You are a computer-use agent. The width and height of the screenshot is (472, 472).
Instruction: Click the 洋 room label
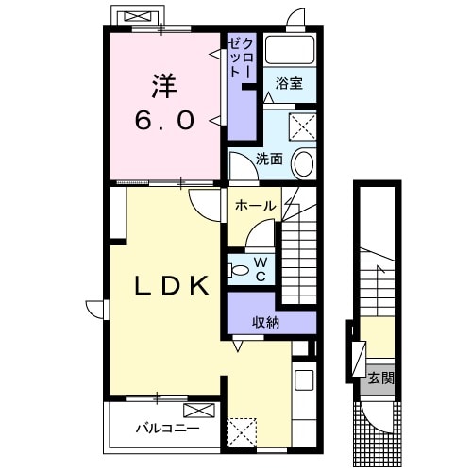tap(164, 86)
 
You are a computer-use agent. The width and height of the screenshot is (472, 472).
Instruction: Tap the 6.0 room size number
tap(164, 121)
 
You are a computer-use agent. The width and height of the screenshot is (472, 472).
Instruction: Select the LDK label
tap(172, 286)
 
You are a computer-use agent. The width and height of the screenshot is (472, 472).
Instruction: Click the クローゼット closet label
tap(241, 59)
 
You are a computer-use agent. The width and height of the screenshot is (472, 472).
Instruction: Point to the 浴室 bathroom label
tap(289, 83)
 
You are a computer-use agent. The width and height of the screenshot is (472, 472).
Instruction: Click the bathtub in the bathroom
tap(290, 50)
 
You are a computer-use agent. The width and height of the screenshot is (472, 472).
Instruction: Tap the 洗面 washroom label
tap(269, 160)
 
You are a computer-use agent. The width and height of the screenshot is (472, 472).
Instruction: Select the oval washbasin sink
tap(304, 163)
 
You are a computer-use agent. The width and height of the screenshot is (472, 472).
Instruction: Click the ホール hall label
tap(256, 206)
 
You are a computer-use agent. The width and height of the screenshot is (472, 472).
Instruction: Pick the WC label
tap(261, 269)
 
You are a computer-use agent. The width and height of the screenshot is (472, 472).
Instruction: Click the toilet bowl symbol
tap(239, 270)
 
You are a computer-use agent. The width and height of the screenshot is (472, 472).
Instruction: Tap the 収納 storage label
tap(266, 322)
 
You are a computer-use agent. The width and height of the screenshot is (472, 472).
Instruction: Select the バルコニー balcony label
tap(167, 429)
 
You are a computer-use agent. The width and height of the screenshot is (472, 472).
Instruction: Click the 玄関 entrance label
tap(381, 379)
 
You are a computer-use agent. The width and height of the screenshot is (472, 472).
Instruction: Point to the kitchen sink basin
tap(304, 380)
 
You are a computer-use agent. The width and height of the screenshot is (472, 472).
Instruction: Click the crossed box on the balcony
tap(199, 411)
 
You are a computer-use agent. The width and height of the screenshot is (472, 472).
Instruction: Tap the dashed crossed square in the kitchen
tap(242, 432)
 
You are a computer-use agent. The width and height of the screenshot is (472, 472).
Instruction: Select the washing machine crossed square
tap(302, 126)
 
